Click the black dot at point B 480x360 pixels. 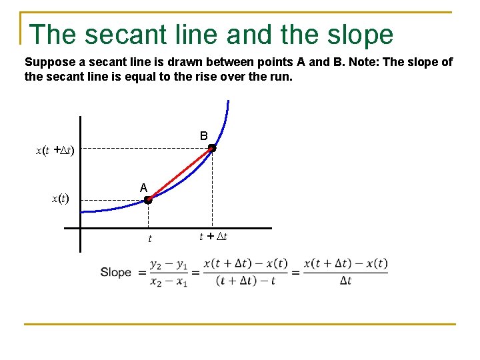pyautogui.click(x=211, y=149)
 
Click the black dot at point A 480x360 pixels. pyautogui.click(x=148, y=199)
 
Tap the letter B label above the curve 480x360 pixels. pyautogui.click(x=203, y=136)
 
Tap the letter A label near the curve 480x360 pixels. pyautogui.click(x=143, y=188)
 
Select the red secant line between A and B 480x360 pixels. pyautogui.click(x=180, y=174)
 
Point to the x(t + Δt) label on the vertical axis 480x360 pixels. pyautogui.click(x=55, y=151)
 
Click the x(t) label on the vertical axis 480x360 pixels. pyautogui.click(x=61, y=198)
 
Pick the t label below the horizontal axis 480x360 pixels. pyautogui.click(x=149, y=238)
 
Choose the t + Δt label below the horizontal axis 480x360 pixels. pyautogui.click(x=213, y=236)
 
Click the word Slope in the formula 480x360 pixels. pyautogui.click(x=115, y=272)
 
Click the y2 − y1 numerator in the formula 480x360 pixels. pyautogui.click(x=169, y=264)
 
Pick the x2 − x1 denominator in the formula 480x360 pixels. pyautogui.click(x=169, y=281)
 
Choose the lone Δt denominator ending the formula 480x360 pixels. pyautogui.click(x=345, y=281)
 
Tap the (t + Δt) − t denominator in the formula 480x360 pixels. pyautogui.click(x=245, y=281)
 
